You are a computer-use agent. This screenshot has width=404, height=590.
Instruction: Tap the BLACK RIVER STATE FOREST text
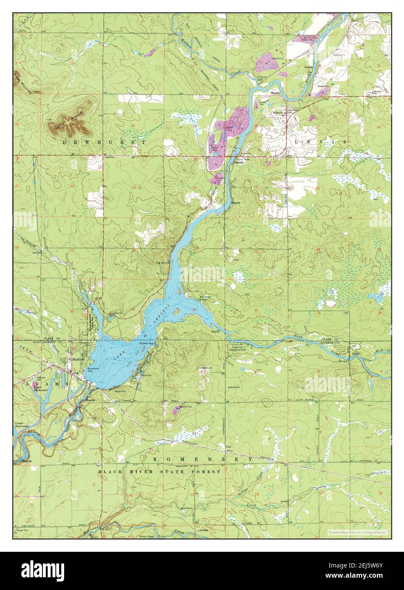159,472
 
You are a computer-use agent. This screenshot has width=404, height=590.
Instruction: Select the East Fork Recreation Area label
241,349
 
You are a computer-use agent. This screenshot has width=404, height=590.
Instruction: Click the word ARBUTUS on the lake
164,312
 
